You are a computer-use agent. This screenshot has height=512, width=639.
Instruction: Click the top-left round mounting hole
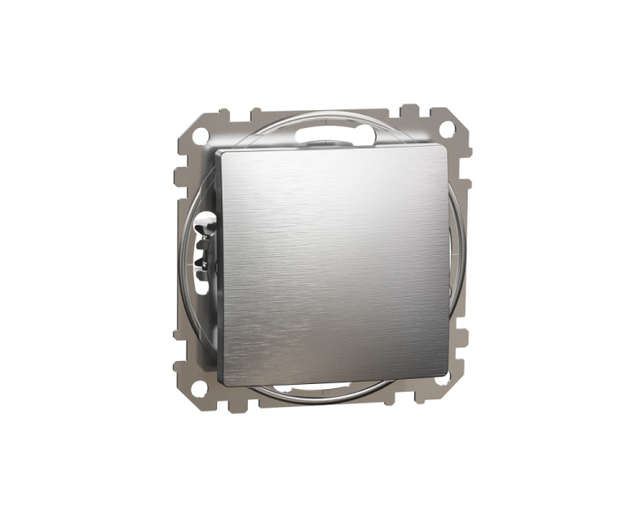pyautogui.click(x=199, y=134)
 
